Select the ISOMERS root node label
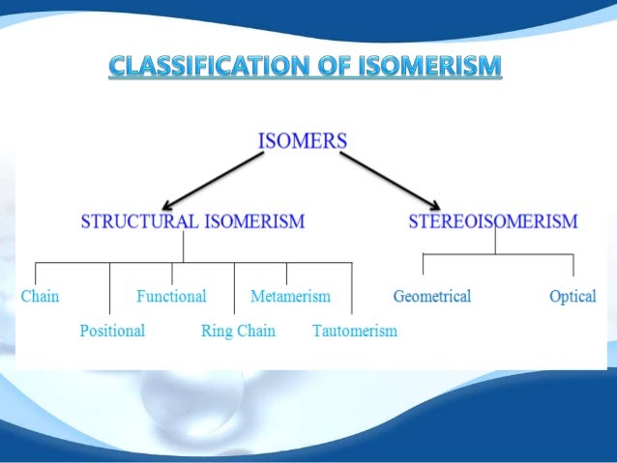point(304,142)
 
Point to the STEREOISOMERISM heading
point(492,221)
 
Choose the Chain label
point(40,296)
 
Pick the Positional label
point(112,331)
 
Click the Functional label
point(171,296)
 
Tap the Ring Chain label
point(238,331)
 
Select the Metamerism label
point(290,296)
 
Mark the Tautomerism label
point(354,331)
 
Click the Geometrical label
point(432,296)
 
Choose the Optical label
point(573,296)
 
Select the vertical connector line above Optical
point(573,266)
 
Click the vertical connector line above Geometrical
point(424,266)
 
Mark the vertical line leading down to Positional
point(109,290)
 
